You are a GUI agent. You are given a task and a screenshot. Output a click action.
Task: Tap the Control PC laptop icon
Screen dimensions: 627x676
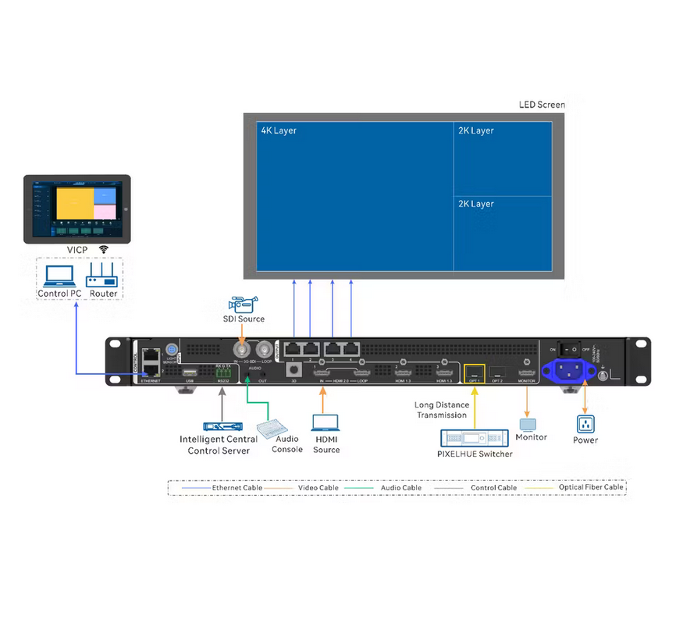59,275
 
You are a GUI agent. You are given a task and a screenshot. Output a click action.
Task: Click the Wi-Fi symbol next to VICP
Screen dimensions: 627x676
104,249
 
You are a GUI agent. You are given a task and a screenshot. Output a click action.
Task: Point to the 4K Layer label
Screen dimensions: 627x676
279,130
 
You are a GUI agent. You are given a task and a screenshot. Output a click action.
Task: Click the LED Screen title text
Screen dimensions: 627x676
542,105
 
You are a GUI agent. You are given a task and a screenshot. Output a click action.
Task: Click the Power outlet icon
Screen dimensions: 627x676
585,424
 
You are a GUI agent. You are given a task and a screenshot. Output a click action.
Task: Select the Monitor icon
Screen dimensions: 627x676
528,424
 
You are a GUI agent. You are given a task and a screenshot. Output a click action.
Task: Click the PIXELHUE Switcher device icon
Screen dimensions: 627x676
475,439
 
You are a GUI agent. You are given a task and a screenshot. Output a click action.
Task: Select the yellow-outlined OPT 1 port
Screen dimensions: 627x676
474,373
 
